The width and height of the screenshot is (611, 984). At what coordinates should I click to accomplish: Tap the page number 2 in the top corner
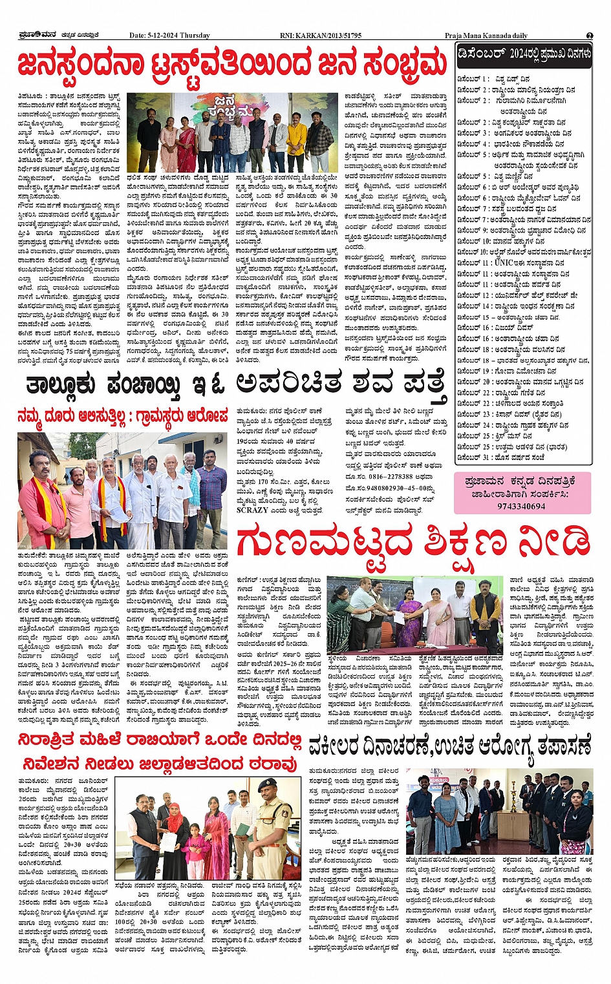589,36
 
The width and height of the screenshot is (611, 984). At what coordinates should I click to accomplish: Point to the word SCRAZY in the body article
252,510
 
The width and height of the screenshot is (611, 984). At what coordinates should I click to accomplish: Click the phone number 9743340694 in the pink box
522,506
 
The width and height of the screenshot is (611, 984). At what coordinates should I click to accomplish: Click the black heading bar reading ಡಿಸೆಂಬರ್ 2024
523,54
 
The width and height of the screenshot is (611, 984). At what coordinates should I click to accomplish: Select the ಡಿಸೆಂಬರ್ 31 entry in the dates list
500,457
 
